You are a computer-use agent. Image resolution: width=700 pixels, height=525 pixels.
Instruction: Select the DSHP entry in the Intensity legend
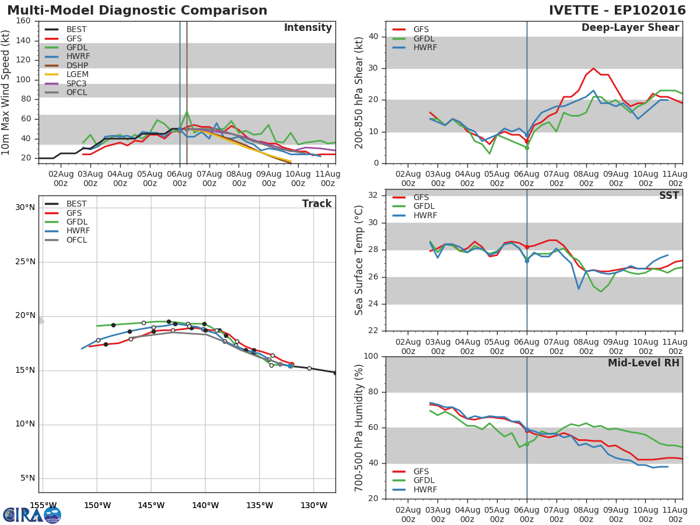coord(77,65)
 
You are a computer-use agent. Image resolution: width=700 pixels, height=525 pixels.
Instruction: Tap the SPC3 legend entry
coord(76,83)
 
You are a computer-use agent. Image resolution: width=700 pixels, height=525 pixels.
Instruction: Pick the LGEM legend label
coord(78,74)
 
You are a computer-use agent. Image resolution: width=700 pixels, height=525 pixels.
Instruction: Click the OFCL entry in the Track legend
coord(76,240)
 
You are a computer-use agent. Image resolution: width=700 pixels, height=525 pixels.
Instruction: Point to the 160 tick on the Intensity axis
coord(23,21)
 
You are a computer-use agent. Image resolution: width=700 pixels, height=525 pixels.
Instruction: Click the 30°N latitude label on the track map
coord(25,208)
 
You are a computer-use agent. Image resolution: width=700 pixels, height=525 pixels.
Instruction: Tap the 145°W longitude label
coord(151,505)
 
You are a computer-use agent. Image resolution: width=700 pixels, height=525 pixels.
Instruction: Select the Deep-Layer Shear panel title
coord(630,28)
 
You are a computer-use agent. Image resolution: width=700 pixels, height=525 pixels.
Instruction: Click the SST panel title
coord(668,195)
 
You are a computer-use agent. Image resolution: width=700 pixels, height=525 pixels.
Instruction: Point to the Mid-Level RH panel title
coord(643,363)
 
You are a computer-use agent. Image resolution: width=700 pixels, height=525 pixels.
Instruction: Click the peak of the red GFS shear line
coord(593,68)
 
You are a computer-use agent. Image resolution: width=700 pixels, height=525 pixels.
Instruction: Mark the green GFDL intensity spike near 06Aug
coord(187,111)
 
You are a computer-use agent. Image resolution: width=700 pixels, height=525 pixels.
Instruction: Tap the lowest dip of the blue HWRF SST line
coord(579,289)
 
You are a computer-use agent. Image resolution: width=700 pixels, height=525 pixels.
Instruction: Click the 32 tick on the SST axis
coord(373,195)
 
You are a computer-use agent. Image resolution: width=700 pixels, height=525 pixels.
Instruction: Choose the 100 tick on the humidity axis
coord(371,356)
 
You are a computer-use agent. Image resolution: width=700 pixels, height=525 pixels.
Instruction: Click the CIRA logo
coord(32,515)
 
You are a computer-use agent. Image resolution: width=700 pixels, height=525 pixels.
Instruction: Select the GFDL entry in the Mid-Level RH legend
coord(424,480)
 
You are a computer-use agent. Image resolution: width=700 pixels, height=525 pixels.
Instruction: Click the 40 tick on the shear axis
coord(373,37)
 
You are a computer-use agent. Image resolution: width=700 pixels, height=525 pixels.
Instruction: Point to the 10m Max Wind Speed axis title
coord(5,92)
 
